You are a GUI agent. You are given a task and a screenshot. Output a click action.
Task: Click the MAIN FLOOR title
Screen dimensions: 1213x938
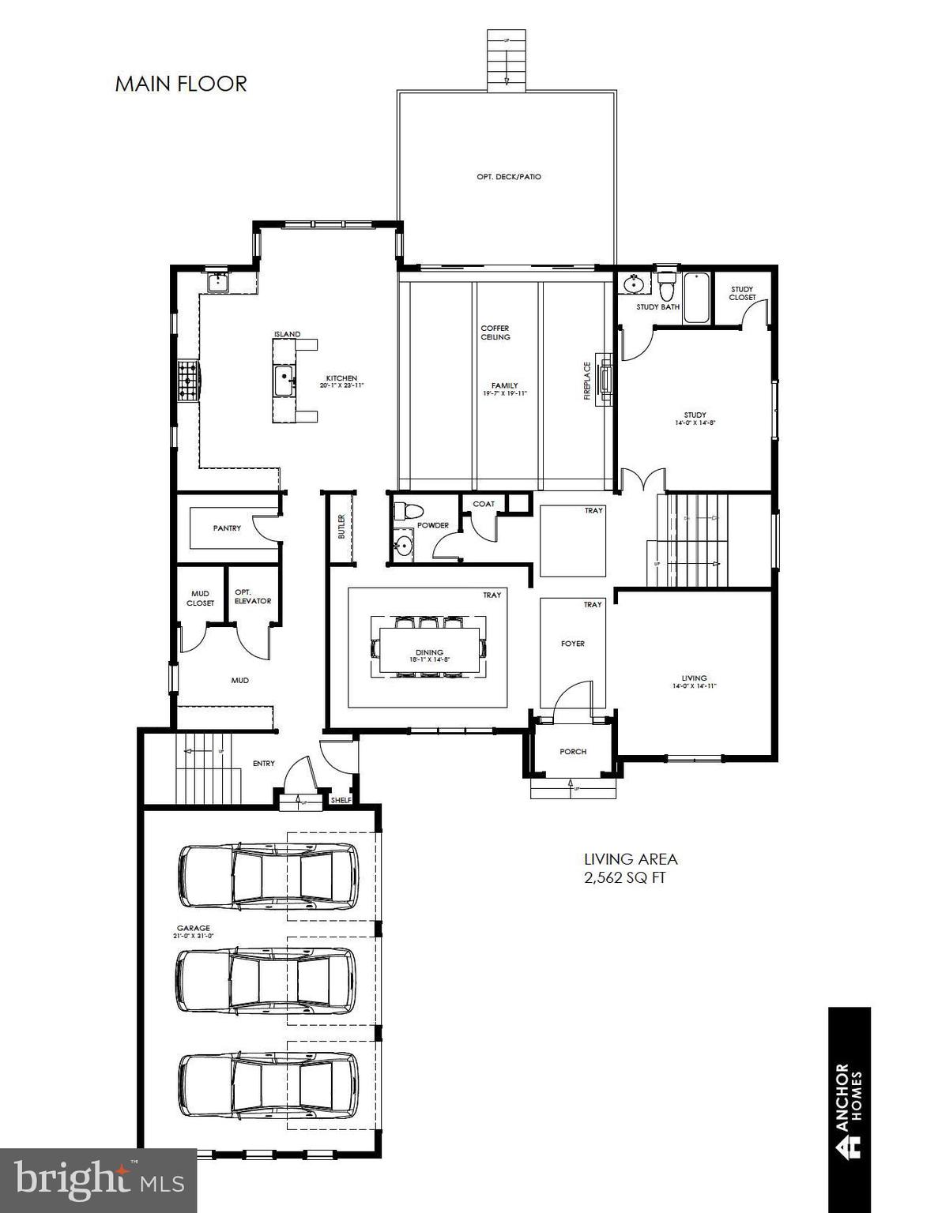(x=181, y=84)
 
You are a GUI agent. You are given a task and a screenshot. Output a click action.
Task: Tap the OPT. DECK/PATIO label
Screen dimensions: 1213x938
(x=509, y=177)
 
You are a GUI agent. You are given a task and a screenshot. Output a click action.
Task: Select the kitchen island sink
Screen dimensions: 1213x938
(x=284, y=380)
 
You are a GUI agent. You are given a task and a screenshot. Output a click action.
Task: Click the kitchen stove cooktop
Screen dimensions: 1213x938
(x=187, y=380)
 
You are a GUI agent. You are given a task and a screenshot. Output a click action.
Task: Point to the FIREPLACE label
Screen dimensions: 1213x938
(x=587, y=381)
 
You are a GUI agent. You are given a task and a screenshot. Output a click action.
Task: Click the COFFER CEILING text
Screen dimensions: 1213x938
(x=495, y=332)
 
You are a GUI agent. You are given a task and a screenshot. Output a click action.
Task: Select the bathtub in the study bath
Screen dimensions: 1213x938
(x=696, y=298)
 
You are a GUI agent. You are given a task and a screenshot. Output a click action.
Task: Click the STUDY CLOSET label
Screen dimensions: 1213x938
(x=742, y=293)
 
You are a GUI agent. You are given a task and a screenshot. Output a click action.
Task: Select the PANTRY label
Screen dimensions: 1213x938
(x=227, y=528)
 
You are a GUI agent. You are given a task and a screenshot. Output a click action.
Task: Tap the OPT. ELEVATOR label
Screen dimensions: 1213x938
(x=253, y=596)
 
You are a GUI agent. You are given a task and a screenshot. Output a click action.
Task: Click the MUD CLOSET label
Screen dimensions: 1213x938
(x=200, y=599)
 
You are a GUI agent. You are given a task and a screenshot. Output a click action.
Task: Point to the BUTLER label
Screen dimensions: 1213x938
(x=341, y=527)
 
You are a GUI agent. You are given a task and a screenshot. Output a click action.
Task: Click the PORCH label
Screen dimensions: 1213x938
(x=573, y=751)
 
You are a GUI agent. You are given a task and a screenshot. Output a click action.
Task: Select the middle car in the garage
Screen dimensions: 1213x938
(x=266, y=980)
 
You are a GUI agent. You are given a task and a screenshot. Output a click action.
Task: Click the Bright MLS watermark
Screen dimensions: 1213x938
(x=99, y=1181)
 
